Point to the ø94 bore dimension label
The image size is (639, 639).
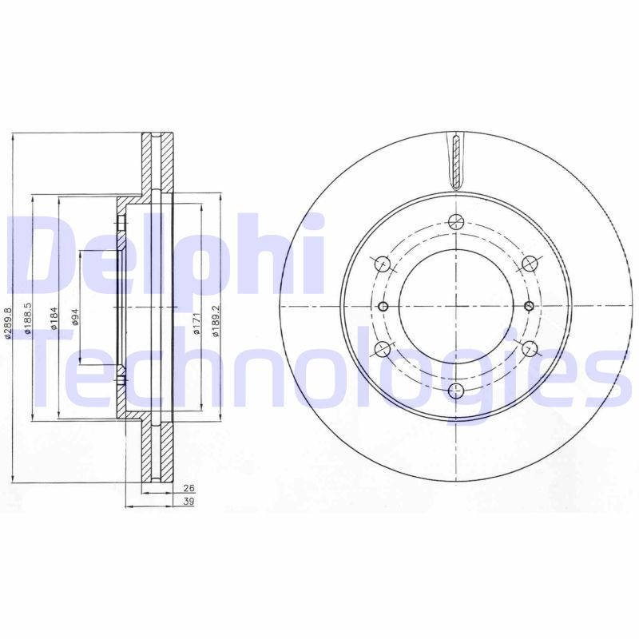[x=77, y=318]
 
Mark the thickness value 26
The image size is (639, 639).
[x=189, y=487]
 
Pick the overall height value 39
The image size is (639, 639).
[x=189, y=501]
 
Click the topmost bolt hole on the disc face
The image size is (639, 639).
[x=456, y=222]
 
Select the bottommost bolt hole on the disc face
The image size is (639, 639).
[x=456, y=390]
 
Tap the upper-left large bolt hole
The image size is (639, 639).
[x=382, y=263]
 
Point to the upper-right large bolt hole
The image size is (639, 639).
[x=528, y=263]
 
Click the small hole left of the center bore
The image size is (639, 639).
[x=383, y=306]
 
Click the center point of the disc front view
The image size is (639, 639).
[x=456, y=306]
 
